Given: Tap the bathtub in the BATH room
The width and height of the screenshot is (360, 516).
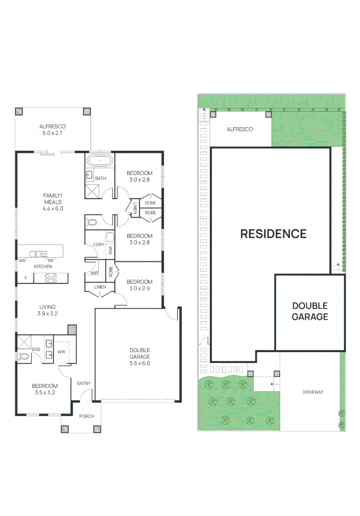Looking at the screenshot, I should coord(100,161).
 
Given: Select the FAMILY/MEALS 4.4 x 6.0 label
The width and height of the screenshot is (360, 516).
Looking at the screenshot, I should coord(53,202).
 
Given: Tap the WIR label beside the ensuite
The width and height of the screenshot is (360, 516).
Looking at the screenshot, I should coord(61,352).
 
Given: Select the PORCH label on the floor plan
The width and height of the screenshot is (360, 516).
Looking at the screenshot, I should coord(87,416).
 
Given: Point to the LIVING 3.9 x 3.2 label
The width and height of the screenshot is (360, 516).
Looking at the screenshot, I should coord(47,311).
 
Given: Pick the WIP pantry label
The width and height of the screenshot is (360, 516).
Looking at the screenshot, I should coord(94,273).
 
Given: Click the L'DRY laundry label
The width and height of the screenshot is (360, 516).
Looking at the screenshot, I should coord(98,245).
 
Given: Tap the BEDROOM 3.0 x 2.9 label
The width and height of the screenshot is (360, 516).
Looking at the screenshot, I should coord(140,285).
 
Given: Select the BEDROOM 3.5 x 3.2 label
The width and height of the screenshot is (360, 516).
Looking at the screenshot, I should coord(44,389).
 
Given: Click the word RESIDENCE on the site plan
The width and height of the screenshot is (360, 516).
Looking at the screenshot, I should coord(273,234).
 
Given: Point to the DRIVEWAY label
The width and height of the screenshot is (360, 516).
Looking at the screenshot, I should coord(313,392).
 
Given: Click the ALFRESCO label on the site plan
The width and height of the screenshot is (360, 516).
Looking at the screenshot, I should coord(240,129).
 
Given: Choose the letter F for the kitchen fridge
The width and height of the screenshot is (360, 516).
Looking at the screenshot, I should coord(26,278).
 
